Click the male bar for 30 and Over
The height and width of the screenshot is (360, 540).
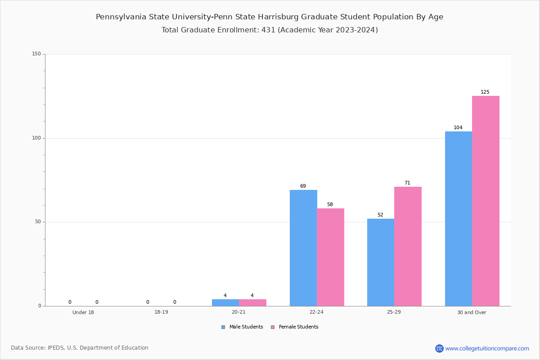pyautogui.click(x=459, y=219)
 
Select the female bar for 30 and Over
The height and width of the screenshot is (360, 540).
pyautogui.click(x=486, y=201)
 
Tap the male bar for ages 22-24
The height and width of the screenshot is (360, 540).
pyautogui.click(x=303, y=248)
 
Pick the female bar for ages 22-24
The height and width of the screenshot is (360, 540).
pyautogui.click(x=330, y=257)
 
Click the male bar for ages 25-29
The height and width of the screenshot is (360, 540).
pyautogui.click(x=381, y=262)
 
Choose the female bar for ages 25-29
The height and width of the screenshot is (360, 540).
pyautogui.click(x=408, y=246)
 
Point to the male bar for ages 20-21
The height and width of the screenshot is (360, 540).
pyautogui.click(x=225, y=302)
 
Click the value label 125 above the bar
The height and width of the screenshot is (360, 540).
pyautogui.click(x=485, y=92)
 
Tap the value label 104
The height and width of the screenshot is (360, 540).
pyautogui.click(x=458, y=128)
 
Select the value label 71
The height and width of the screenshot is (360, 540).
pyautogui.click(x=407, y=183)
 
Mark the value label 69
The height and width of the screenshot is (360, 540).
pyautogui.click(x=303, y=186)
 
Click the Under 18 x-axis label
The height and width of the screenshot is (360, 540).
pyautogui.click(x=83, y=312)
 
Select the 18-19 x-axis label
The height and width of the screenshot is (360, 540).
pyautogui.click(x=161, y=312)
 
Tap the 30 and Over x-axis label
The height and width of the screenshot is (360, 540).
pyautogui.click(x=472, y=312)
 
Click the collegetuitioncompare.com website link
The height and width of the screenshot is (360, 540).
pyautogui.click(x=487, y=348)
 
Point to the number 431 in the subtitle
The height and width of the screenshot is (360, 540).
pyautogui.click(x=268, y=30)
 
